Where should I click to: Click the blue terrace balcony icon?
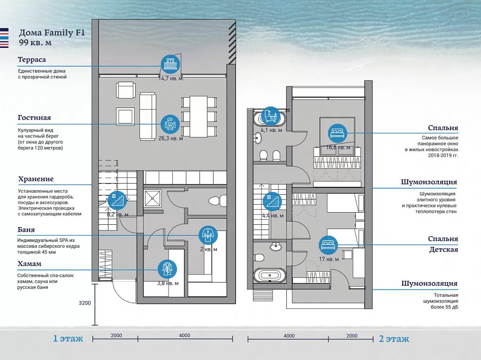(x=170, y=64)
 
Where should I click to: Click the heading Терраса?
(x=31, y=60)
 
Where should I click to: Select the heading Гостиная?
(x=34, y=117)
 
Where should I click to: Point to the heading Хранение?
(x=36, y=179)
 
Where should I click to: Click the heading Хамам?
(x=29, y=264)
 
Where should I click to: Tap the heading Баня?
(x=26, y=230)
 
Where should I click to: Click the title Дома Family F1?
(x=52, y=33)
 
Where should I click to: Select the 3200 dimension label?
(x=84, y=303)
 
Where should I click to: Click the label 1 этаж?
(x=68, y=338)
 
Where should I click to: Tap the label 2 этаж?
(x=394, y=339)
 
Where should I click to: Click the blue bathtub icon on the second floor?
(x=271, y=116)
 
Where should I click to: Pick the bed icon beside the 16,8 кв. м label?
(x=337, y=133)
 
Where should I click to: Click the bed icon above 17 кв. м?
(x=328, y=245)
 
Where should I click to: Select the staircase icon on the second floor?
(x=272, y=202)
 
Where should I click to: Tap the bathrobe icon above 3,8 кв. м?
(x=167, y=269)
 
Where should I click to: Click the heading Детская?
(x=443, y=250)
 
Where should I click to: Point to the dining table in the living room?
(x=199, y=116)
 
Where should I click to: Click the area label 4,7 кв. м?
(x=172, y=78)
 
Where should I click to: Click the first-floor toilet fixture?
(x=217, y=201)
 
